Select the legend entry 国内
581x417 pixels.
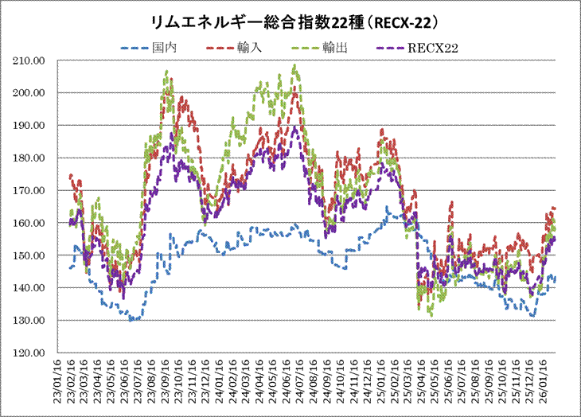(162, 49)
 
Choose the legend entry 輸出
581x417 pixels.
(334, 49)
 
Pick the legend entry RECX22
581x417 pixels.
(435, 49)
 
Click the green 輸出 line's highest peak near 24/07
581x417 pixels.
(295, 66)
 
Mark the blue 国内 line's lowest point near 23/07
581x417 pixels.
(134, 320)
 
